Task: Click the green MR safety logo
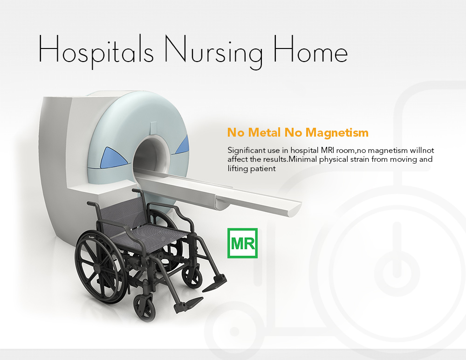(x=242, y=243)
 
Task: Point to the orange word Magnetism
(x=337, y=132)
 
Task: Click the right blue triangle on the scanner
(x=183, y=145)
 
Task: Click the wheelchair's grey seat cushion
(x=151, y=236)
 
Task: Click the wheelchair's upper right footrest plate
(x=215, y=283)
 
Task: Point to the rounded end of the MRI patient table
(x=294, y=209)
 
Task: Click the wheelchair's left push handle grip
(x=92, y=204)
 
